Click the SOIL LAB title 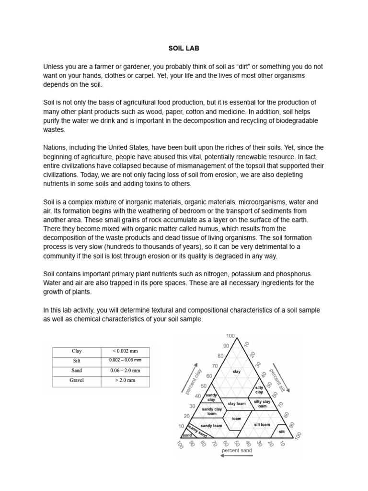(184, 48)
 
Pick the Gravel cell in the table (76, 380)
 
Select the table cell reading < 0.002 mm (125, 351)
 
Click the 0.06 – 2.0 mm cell (125, 371)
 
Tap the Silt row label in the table (76, 361)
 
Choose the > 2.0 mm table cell (125, 380)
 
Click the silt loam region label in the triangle (262, 425)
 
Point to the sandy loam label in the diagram (211, 426)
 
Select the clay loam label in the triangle (236, 404)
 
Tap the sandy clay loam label (212, 411)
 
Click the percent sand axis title (237, 451)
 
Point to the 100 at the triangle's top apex (231, 337)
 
